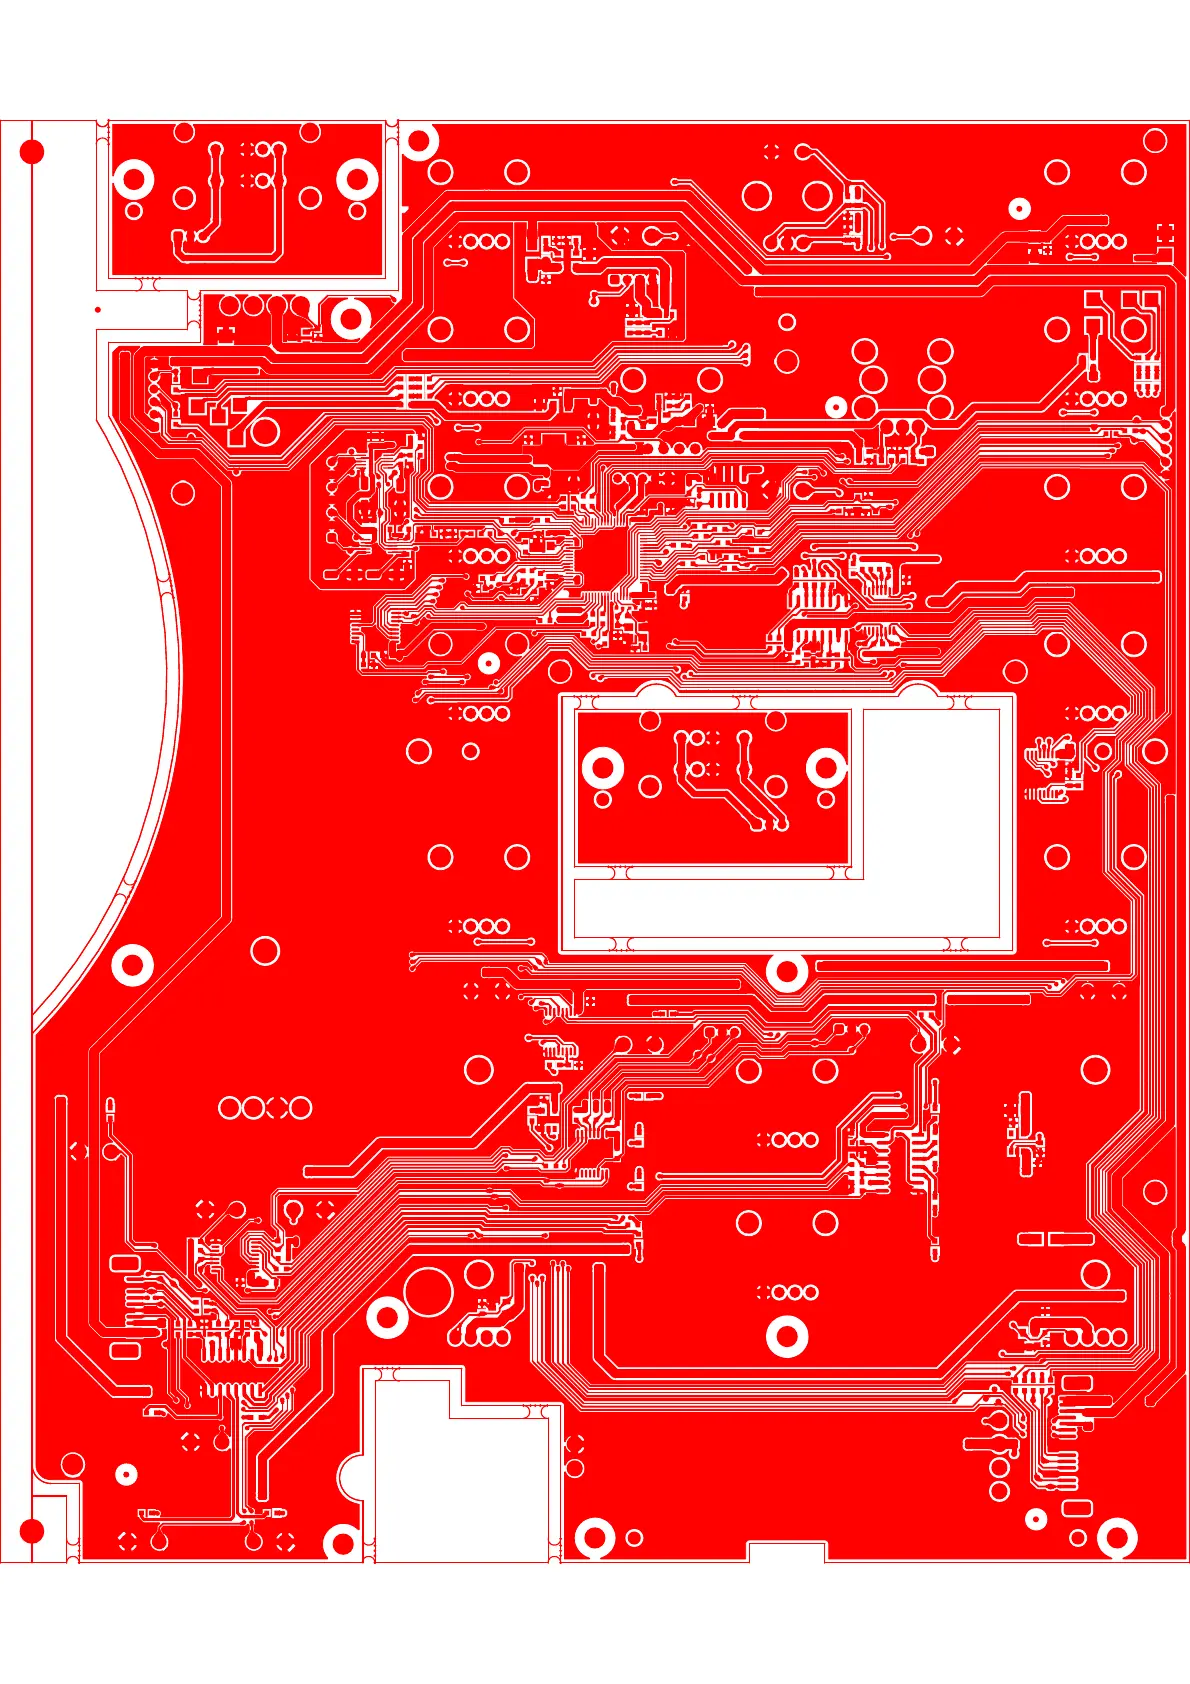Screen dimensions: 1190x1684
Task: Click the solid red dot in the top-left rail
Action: click(x=32, y=152)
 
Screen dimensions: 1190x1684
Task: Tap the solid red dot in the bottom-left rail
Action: click(x=32, y=1530)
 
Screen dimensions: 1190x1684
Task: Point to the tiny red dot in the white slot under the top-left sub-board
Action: click(x=98, y=309)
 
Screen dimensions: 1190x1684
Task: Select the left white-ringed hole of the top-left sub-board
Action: click(x=133, y=180)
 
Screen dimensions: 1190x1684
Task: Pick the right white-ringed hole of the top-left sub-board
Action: click(x=357, y=180)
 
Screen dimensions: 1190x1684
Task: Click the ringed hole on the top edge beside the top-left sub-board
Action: click(x=419, y=140)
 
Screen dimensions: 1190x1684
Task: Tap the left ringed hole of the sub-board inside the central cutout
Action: click(x=603, y=768)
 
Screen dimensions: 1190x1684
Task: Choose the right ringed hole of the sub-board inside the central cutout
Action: click(x=826, y=768)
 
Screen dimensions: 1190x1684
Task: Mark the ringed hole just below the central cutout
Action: click(x=787, y=971)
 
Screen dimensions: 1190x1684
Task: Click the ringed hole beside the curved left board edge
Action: click(x=133, y=965)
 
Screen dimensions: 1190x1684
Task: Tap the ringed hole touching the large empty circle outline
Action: click(x=387, y=1317)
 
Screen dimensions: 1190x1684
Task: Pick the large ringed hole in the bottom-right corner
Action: click(x=1116, y=1538)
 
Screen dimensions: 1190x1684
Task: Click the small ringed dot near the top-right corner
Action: click(x=1019, y=208)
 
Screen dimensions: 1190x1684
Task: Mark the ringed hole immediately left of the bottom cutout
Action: click(x=342, y=1542)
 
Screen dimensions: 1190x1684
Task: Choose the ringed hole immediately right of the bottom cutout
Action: click(x=595, y=1538)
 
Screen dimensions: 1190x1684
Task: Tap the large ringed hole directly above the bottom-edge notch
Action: click(x=787, y=1337)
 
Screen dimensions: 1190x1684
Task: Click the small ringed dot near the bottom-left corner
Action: click(x=126, y=1474)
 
